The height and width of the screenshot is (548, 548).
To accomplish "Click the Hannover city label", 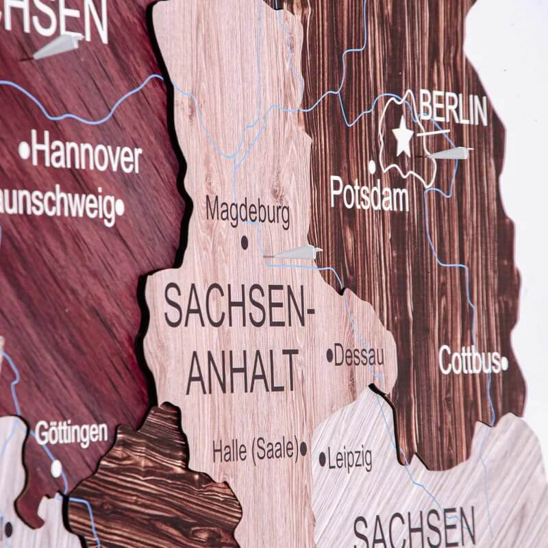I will [86, 155].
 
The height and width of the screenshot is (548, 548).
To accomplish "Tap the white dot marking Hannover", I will [25, 149].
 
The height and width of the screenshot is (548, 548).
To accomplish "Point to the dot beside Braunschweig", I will [120, 206].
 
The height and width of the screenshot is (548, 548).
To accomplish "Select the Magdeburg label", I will [247, 212].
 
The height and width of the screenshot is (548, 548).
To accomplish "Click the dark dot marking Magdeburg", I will [245, 242].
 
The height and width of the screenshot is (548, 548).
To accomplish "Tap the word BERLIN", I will [453, 110].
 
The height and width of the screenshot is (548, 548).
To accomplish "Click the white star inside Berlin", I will [403, 138].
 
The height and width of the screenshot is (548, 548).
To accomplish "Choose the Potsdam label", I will [369, 194].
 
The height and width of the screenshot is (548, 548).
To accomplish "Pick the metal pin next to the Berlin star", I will [451, 153].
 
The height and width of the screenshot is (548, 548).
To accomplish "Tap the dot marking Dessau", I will [329, 356].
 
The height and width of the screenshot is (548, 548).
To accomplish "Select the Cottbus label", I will [469, 360].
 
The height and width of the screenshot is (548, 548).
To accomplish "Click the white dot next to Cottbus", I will [504, 363].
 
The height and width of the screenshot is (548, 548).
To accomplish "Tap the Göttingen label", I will [71, 433].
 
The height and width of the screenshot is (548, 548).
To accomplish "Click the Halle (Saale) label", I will [254, 450].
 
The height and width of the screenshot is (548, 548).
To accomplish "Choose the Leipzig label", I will [349, 458].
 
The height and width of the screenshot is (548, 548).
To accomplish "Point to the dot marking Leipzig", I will [322, 458].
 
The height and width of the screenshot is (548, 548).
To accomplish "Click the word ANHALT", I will [243, 371].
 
